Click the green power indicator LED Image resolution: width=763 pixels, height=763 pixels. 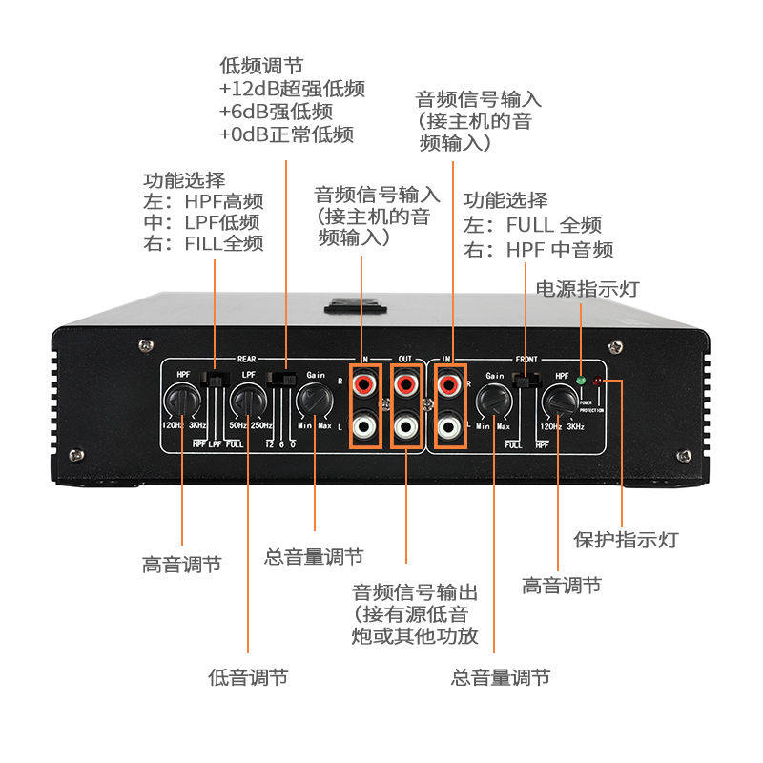[581, 379]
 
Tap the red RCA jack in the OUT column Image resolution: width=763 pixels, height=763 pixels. [406, 384]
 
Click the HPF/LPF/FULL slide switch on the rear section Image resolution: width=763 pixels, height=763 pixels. [217, 380]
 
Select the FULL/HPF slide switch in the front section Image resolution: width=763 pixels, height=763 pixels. [524, 381]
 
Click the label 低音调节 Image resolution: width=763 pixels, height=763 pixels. [248, 677]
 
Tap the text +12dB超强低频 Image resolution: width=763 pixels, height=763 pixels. [292, 89]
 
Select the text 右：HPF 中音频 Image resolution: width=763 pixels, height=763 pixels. [539, 250]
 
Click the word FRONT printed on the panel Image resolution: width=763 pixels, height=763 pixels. [526, 360]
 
